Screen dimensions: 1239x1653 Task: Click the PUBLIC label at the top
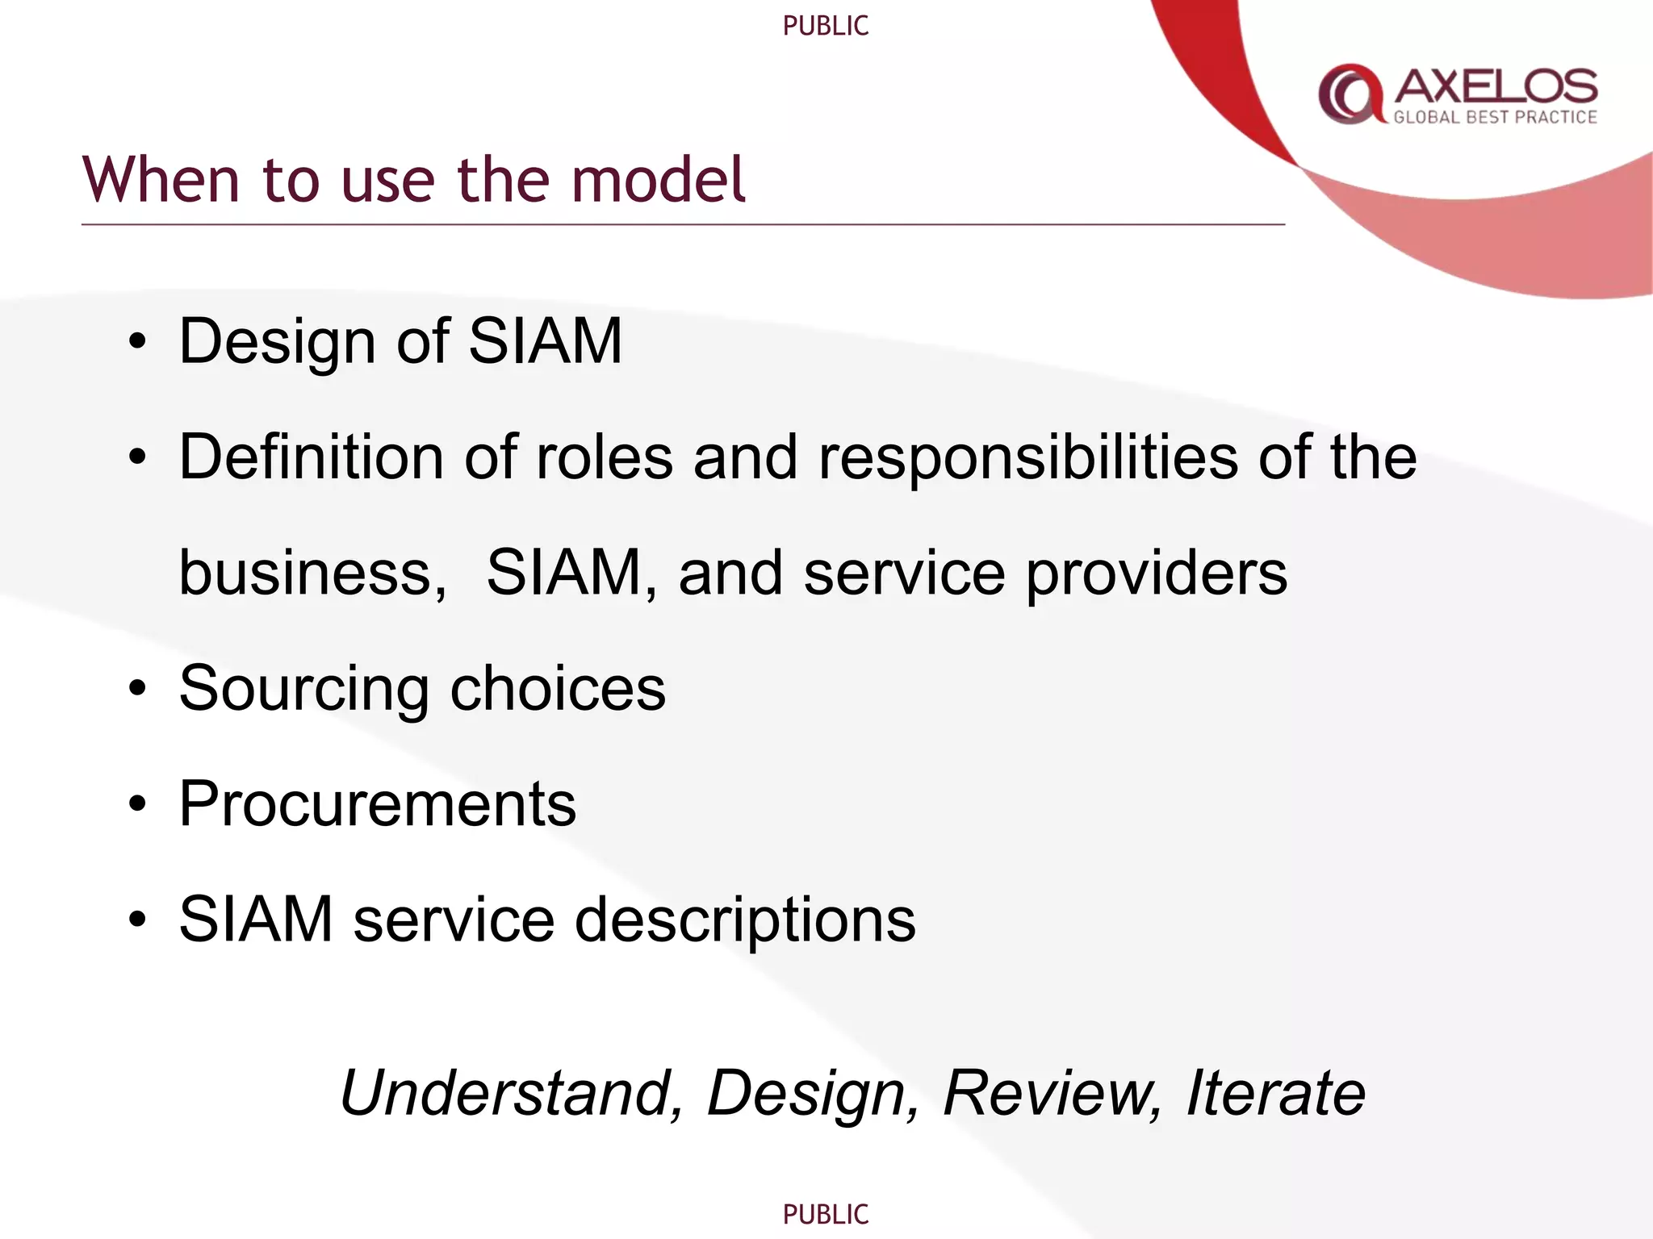click(826, 26)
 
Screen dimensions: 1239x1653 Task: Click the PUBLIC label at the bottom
click(826, 1214)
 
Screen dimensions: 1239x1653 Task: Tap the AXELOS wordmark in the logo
click(1496, 86)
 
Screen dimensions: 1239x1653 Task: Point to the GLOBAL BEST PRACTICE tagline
click(1495, 118)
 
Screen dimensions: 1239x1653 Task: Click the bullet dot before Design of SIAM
click(138, 342)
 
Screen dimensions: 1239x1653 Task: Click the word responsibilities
click(1027, 458)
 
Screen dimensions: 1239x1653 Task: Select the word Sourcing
click(303, 690)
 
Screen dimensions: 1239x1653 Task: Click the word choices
click(558, 688)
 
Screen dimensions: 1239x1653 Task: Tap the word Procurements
click(377, 803)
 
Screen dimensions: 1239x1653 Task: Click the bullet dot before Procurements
click(138, 804)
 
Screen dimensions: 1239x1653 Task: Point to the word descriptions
click(744, 920)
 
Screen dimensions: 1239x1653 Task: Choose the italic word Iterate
click(1274, 1093)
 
